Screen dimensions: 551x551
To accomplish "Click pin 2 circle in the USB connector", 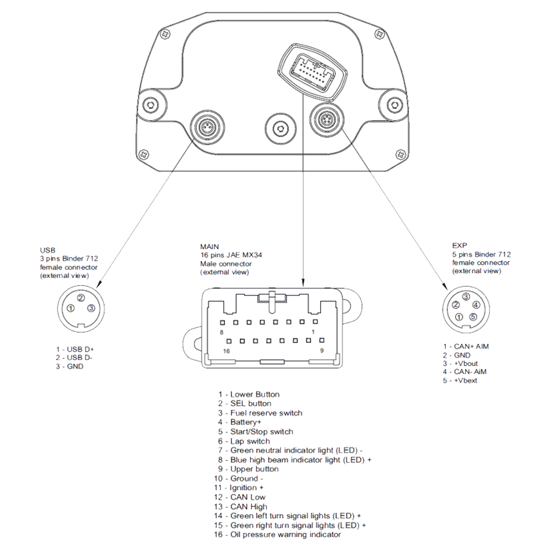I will pyautogui.click(x=80, y=299).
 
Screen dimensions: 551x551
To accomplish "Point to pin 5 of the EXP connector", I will pyautogui.click(x=473, y=316).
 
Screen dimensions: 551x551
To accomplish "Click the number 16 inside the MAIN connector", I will pyautogui.click(x=225, y=351).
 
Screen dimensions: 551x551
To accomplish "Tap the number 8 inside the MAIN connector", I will pyautogui.click(x=221, y=332).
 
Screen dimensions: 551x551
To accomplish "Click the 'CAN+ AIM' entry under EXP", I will pyautogui.click(x=466, y=347).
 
